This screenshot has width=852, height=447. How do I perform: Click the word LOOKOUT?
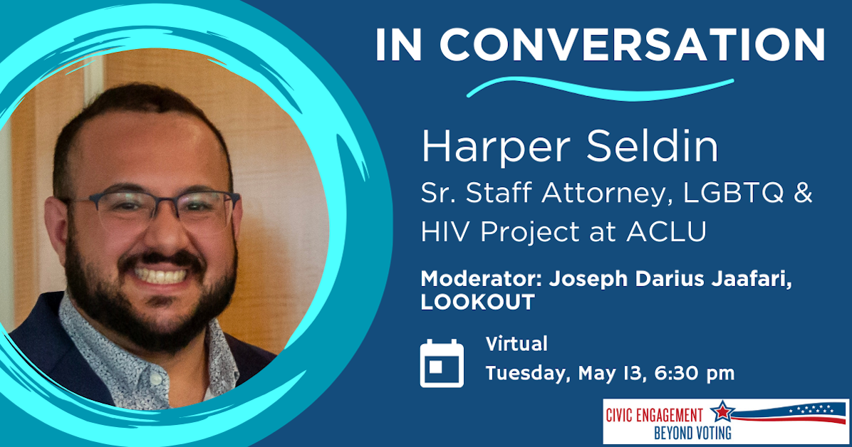(x=477, y=302)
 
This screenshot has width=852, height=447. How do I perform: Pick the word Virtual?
(x=516, y=345)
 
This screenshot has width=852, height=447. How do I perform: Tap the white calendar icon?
(x=442, y=363)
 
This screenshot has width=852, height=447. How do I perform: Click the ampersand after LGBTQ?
(x=802, y=196)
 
